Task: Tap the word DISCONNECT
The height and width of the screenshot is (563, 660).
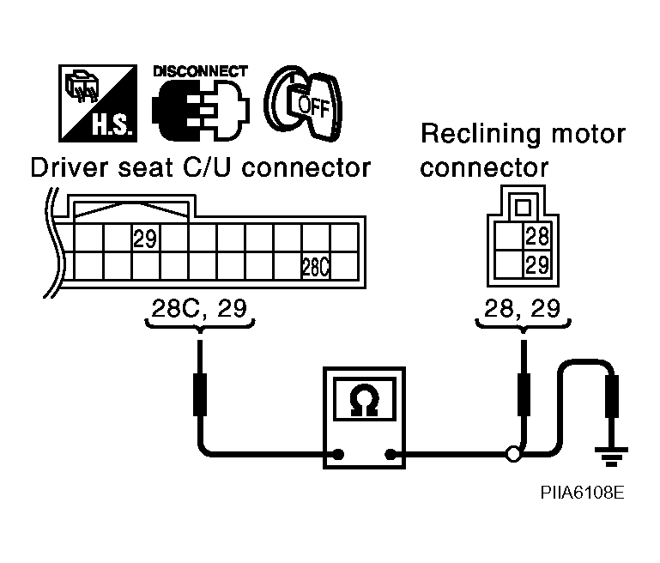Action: click(x=201, y=71)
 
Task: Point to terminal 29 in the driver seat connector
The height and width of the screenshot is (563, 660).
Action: click(x=145, y=239)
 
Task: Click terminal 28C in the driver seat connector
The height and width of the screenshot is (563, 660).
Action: click(x=316, y=267)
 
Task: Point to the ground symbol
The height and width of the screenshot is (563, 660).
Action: click(x=611, y=459)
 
